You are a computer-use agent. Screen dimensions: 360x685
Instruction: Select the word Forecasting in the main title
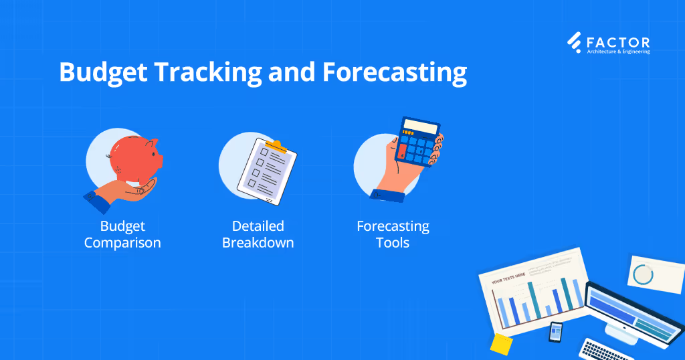(395, 72)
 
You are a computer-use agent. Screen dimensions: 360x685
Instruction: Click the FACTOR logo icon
(574, 42)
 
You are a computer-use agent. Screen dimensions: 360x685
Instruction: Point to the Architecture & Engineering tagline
(618, 51)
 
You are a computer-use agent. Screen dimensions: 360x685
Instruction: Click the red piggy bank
(134, 159)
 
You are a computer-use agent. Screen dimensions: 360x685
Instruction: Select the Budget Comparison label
(122, 234)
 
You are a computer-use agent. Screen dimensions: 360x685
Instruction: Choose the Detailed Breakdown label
(258, 234)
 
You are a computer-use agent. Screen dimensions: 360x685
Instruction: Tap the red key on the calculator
(402, 153)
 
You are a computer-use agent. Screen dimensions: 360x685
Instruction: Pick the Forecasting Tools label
(393, 234)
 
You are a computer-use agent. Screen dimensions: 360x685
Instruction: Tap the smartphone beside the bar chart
(555, 331)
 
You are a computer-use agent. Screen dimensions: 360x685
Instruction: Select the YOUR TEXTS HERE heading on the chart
(508, 282)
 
